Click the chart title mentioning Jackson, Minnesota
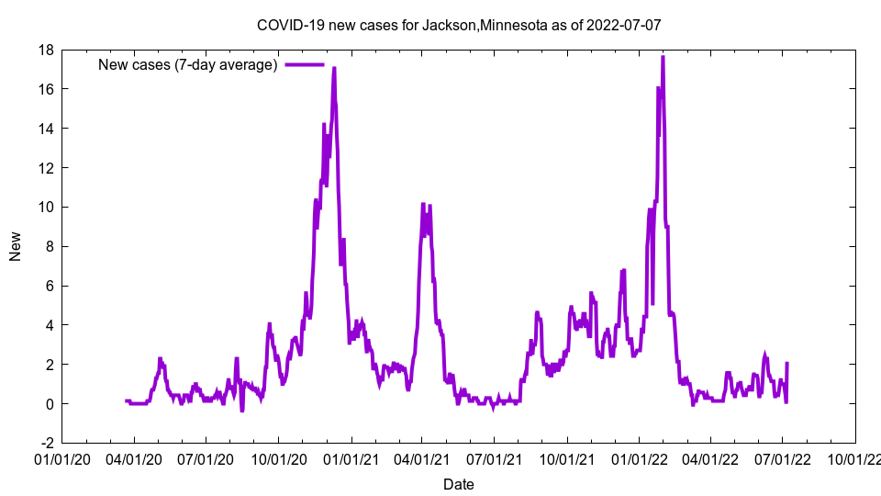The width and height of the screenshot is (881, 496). (x=459, y=25)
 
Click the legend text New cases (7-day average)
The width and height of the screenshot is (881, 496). (x=187, y=64)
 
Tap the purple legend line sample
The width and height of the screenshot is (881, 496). (x=304, y=64)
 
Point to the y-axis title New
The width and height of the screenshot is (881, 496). (x=16, y=246)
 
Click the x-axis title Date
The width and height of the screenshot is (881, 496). (x=459, y=484)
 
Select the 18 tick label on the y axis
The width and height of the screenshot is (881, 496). (x=45, y=50)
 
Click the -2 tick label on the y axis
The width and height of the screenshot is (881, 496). (x=45, y=444)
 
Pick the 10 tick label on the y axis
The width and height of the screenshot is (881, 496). (x=45, y=208)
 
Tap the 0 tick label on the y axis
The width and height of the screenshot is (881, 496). (x=49, y=404)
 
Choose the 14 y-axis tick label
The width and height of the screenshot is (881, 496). (x=45, y=129)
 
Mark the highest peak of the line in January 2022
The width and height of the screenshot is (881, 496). (x=663, y=57)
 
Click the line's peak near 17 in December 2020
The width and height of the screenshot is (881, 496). (x=334, y=68)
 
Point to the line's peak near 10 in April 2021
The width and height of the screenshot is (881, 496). (x=423, y=204)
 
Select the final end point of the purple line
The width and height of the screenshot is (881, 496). (x=787, y=364)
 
